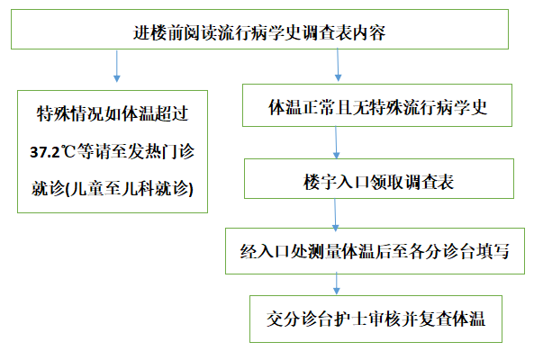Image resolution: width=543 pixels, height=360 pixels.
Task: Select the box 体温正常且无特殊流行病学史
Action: tap(378, 106)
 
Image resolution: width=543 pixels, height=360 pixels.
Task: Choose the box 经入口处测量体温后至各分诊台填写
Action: tap(378, 252)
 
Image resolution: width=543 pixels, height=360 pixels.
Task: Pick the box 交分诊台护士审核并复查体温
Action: tap(378, 319)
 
